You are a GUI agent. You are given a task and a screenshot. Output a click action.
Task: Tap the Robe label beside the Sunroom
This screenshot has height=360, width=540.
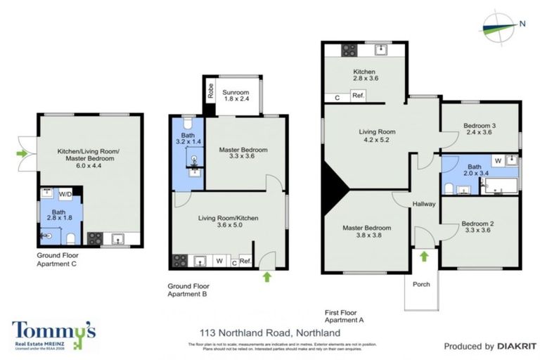tap(210, 91)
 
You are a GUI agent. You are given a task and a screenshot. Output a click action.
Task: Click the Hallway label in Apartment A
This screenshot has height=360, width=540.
tap(425, 204)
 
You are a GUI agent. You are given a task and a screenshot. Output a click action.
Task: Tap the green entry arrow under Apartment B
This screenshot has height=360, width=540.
tap(266, 277)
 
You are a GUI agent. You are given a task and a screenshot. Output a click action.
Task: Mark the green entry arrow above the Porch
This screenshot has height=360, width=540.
tap(424, 257)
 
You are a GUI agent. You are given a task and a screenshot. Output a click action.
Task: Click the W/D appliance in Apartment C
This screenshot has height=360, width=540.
tap(65, 193)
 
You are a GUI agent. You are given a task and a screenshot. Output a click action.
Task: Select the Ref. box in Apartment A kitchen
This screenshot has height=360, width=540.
tap(357, 96)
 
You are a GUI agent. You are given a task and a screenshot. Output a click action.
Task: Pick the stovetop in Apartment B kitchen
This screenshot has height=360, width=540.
tap(178, 262)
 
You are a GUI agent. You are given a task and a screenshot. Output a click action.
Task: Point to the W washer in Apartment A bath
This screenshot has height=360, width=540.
tap(498, 161)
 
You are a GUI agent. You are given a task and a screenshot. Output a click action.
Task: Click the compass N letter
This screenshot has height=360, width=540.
tap(522, 24)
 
